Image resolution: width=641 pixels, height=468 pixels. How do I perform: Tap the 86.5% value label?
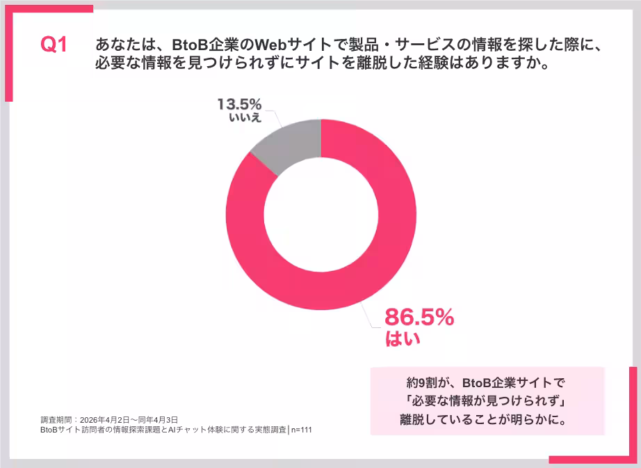click(419, 318)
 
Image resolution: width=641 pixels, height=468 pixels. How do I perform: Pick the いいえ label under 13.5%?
click(245, 118)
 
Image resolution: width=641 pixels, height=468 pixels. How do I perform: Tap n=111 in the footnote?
click(302, 430)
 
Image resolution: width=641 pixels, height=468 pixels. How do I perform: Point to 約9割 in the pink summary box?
click(423, 382)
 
